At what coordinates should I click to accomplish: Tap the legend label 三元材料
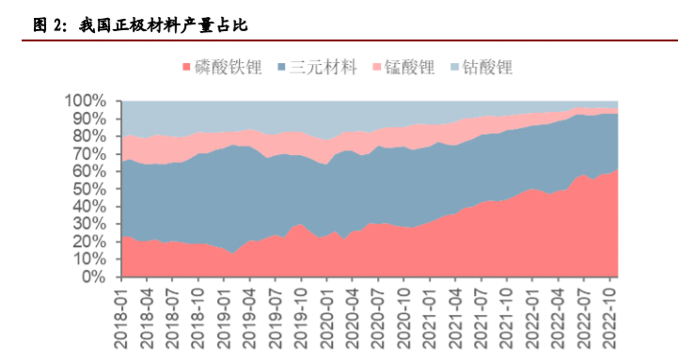point(323,67)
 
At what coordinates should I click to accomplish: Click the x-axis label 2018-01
point(122,318)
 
